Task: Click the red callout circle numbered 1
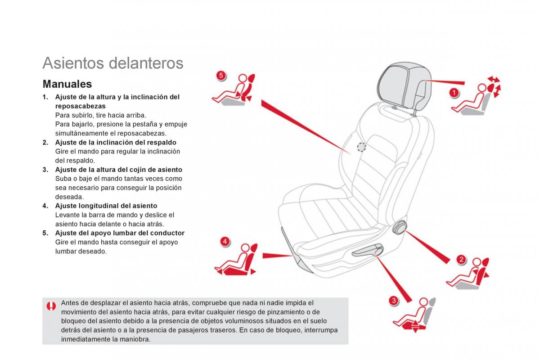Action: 454,93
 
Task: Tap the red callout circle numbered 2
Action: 461,260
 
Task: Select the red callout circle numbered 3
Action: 394,301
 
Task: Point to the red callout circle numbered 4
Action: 225,241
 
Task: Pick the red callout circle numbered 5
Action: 221,76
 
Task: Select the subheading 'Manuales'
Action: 67,84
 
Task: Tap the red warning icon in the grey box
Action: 51,306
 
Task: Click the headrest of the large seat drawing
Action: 404,87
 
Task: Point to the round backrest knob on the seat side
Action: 400,227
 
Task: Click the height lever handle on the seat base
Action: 367,250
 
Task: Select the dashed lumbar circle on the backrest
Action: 361,147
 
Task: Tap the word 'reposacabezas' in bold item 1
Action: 80,106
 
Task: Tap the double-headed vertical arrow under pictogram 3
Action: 415,327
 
